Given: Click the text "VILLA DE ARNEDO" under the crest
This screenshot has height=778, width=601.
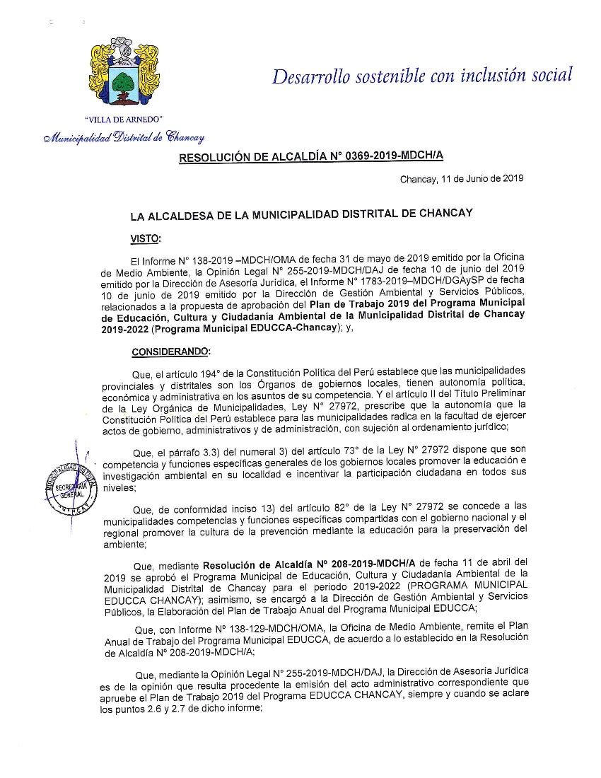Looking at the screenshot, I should [x=124, y=119].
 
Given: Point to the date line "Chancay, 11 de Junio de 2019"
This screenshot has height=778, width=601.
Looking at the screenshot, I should [x=462, y=179].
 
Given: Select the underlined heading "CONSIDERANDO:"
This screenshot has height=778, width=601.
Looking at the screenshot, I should [x=170, y=352].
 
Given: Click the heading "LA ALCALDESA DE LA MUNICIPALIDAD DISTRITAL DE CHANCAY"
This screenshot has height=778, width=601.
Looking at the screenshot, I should [x=301, y=213].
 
